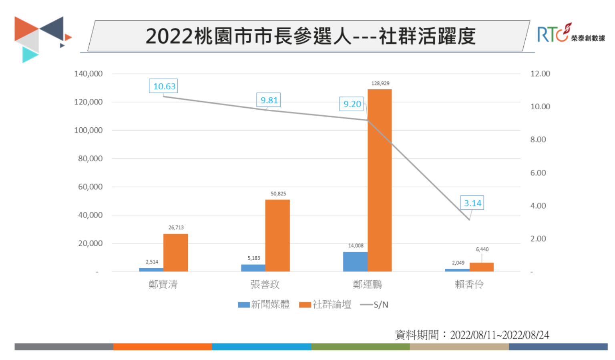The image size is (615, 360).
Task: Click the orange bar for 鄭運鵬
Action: click(380, 180)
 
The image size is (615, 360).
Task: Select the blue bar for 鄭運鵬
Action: click(355, 261)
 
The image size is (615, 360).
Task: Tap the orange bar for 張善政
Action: click(277, 235)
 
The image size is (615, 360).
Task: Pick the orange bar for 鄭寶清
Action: click(175, 253)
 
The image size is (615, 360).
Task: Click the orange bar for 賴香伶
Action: click(481, 267)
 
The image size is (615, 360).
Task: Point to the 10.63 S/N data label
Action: click(163, 86)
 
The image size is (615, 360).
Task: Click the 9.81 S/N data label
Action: click(268, 100)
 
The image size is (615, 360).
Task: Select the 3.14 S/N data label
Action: click(472, 203)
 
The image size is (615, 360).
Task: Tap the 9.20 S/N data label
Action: click(352, 104)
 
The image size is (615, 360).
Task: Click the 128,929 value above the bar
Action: click(380, 83)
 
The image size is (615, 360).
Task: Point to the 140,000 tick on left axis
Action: click(88, 74)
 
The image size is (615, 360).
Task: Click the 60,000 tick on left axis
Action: click(90, 187)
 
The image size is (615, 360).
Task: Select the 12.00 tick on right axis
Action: click(540, 74)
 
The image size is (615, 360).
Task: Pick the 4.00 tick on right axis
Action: click(538, 206)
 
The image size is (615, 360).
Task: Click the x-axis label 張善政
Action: click(265, 284)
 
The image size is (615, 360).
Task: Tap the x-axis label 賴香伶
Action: click(469, 284)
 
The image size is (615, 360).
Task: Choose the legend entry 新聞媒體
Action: click(264, 305)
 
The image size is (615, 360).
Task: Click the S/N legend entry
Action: click(375, 305)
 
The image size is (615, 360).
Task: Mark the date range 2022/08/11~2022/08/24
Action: click(499, 335)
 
